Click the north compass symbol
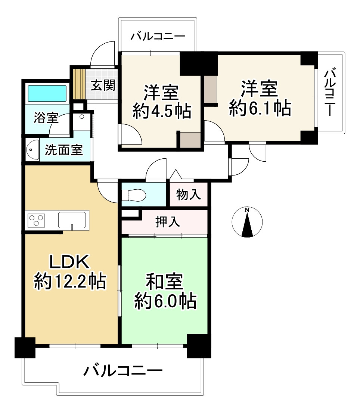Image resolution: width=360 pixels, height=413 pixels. click(247, 223)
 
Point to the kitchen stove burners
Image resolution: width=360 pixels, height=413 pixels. click(35, 220)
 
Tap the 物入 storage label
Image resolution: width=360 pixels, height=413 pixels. click(189, 195)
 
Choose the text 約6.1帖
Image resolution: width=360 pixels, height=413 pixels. click(260, 108)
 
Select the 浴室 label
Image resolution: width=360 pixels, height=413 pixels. click(46, 118)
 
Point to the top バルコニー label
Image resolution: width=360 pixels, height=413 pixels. click(158, 37)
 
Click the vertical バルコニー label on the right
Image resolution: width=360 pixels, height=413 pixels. click(329, 93)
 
